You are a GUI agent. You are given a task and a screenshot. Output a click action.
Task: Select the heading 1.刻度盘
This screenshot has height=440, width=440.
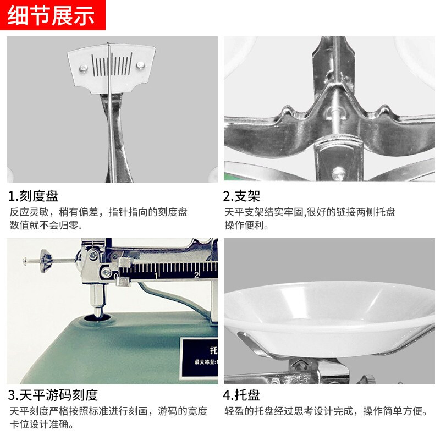(34, 196)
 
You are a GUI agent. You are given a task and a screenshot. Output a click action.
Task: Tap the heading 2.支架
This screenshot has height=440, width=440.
(241, 196)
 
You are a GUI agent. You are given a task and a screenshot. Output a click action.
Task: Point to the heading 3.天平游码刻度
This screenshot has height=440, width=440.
(53, 394)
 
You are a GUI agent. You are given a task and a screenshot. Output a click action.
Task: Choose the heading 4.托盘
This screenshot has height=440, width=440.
(241, 394)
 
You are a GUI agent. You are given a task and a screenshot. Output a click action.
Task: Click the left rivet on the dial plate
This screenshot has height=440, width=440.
(83, 68)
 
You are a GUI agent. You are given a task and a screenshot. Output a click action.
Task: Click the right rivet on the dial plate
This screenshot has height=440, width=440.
(141, 65)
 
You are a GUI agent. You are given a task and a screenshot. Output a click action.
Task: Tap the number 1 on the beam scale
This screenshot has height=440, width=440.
(157, 274)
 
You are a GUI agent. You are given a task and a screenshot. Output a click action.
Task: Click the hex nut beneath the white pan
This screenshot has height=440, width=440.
(302, 364)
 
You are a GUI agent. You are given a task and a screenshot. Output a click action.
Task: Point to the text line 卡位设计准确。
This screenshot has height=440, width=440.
(42, 424)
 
